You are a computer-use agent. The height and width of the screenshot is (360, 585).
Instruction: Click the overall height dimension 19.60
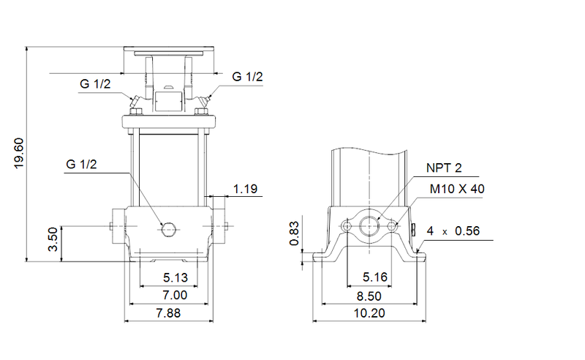coord(20,154)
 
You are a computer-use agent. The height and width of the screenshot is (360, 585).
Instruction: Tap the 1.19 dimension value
coord(246,190)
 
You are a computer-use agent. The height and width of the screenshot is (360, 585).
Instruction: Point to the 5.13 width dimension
coord(169,278)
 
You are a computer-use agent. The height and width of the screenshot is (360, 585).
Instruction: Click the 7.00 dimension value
coord(169,296)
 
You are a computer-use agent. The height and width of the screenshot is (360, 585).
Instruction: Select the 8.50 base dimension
coord(369,296)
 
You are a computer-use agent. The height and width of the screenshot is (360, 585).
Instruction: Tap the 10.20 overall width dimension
coord(369,313)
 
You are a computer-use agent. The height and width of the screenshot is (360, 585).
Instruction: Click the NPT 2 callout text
coord(444,169)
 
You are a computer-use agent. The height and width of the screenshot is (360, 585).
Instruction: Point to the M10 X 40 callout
coord(457,189)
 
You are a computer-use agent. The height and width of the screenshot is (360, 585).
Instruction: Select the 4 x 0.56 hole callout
coord(453,230)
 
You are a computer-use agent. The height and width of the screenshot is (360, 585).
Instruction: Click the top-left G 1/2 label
coord(95,84)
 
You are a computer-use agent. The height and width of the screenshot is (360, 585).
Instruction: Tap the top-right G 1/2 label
coord(248,76)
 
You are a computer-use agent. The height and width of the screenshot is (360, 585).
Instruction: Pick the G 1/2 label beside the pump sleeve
coord(80,165)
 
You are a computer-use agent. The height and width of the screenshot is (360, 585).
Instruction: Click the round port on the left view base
coord(169,229)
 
